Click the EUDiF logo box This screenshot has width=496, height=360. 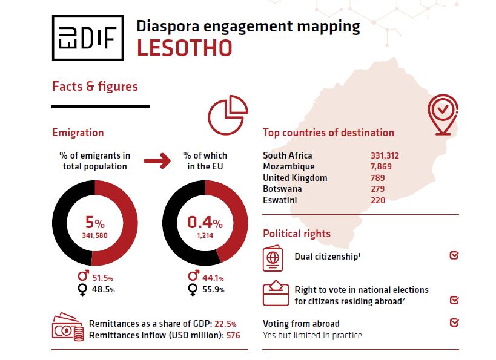coord(88,38)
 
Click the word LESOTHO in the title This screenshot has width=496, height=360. coord(184,48)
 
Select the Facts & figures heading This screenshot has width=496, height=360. coord(95,87)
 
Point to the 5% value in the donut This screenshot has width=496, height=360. coord(94,222)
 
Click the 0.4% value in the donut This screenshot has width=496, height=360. coord(205,222)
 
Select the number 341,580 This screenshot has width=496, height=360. coord(94,235)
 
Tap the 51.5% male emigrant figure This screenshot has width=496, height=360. coord(101,278)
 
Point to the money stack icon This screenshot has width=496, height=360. coord(68,327)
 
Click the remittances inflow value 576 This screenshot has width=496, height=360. coord(233,335)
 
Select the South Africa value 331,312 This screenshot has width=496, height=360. coord(385,155)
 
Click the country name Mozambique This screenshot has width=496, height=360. coord(289,166)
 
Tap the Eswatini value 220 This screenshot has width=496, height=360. coord(378,200)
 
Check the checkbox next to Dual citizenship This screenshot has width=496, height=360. coord(454,256)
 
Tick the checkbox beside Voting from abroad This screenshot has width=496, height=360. coord(454,323)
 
